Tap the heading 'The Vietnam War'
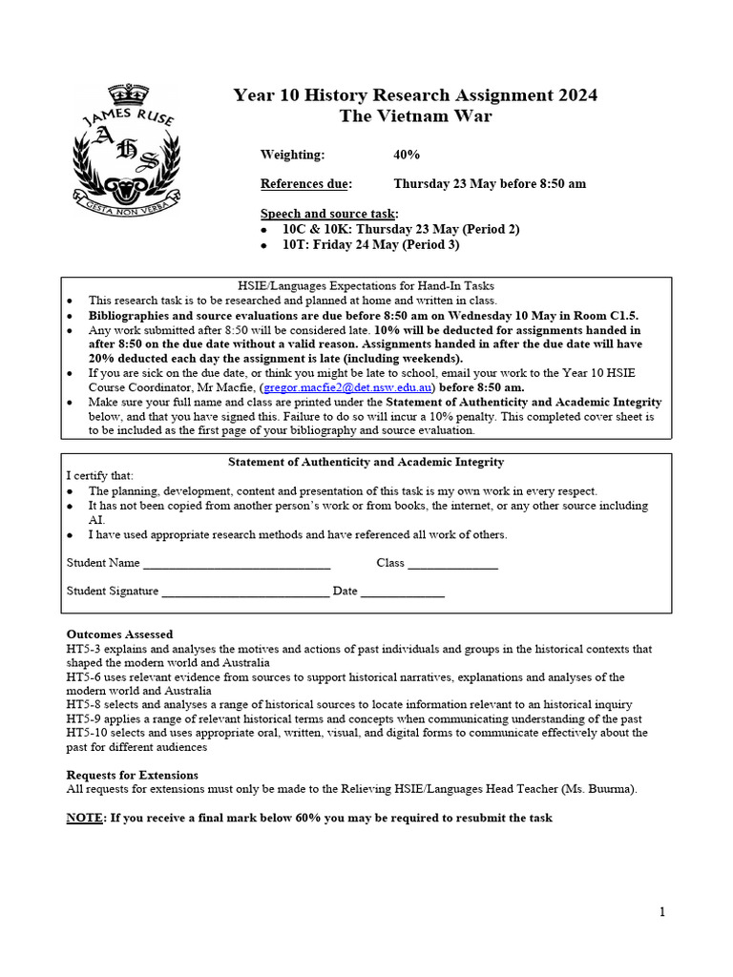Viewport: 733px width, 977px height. tap(415, 116)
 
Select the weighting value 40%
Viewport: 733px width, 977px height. tap(407, 155)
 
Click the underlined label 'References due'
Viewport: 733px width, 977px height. tap(305, 184)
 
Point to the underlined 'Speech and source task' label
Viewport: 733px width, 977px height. tap(329, 214)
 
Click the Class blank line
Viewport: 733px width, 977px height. tap(452, 563)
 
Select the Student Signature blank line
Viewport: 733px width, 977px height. tap(245, 591)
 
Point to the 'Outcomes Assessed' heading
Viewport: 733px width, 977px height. tap(119, 634)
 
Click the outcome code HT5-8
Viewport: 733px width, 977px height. tap(83, 704)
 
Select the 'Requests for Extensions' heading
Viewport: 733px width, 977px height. tap(132, 775)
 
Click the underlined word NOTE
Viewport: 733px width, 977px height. tap(85, 819)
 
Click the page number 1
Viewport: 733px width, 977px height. tap(662, 912)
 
